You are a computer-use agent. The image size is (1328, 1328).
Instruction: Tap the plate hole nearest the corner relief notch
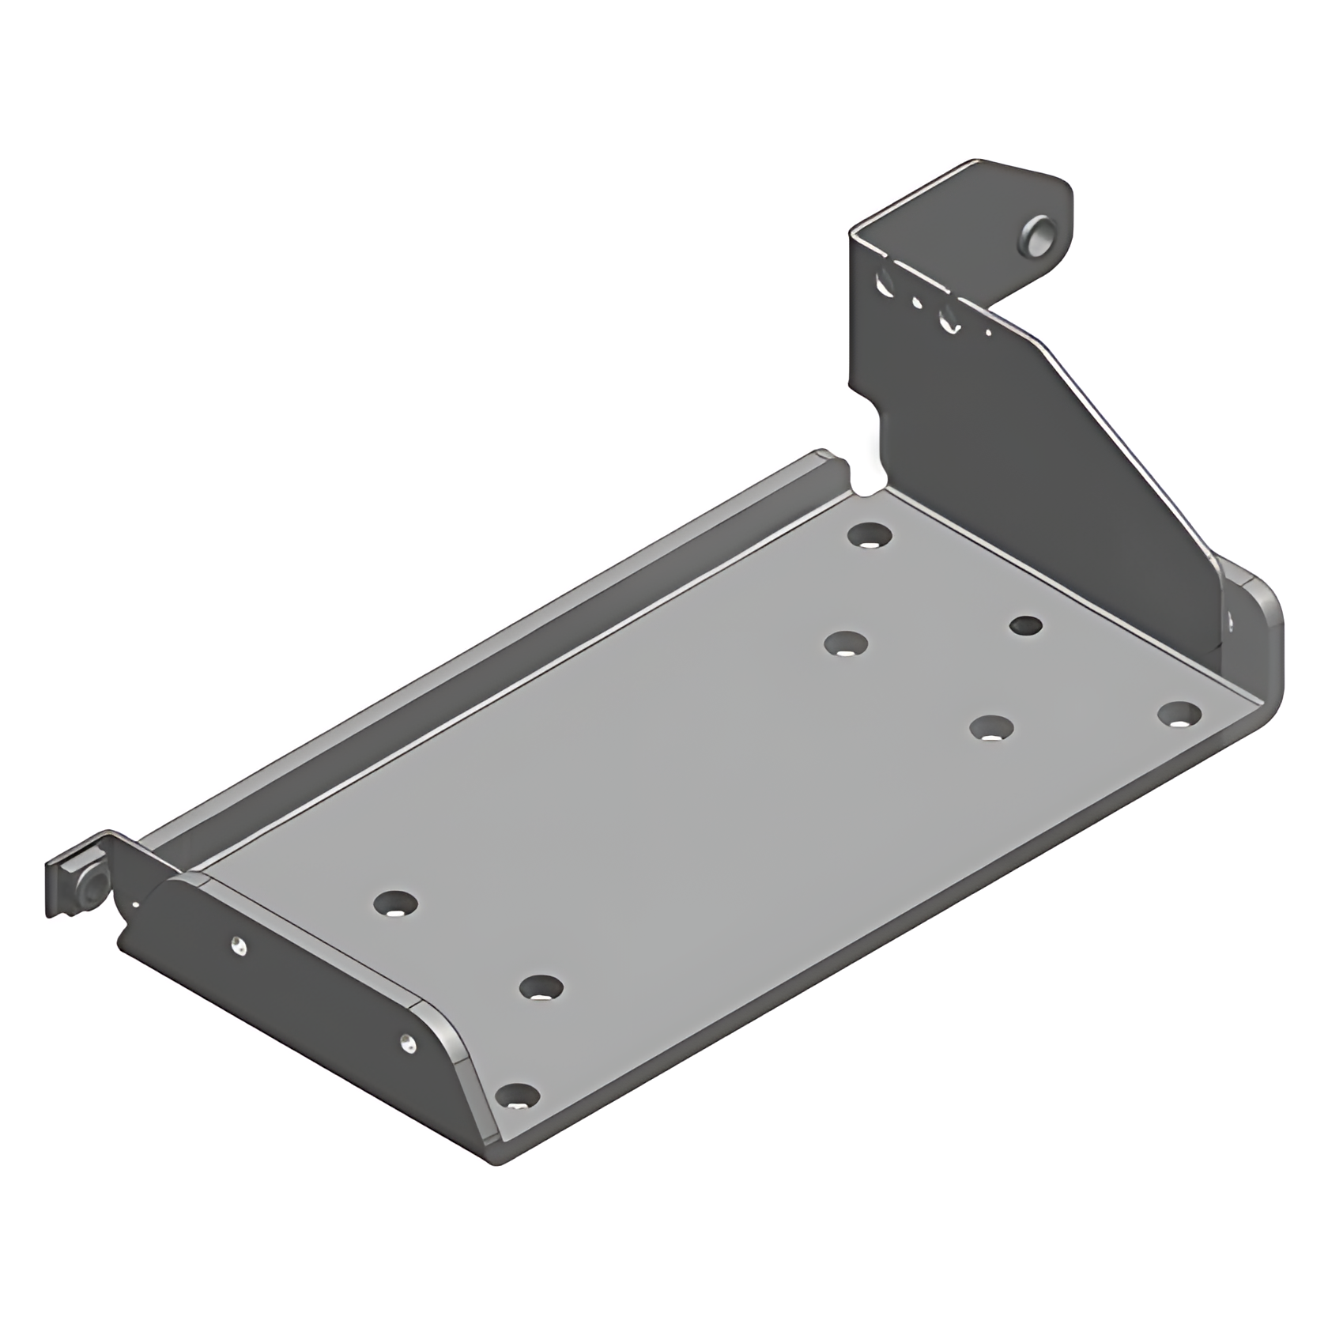click(869, 535)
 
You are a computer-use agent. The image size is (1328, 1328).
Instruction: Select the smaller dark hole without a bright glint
click(1026, 626)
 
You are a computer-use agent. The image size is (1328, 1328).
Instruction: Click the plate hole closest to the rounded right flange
click(1179, 715)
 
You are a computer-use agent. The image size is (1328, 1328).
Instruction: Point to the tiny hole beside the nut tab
click(135, 903)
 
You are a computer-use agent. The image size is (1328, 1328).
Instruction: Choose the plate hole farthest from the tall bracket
click(395, 903)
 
